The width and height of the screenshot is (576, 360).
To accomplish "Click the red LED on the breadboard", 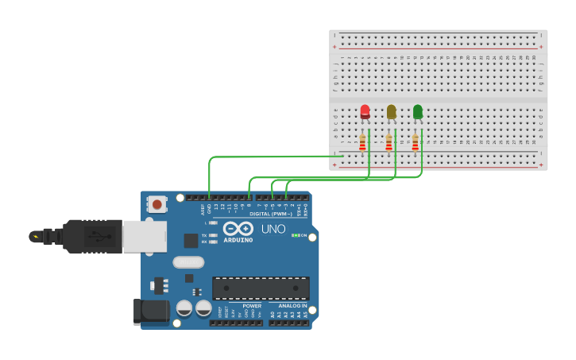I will [365, 112].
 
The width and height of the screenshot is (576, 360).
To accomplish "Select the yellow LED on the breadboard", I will [391, 112].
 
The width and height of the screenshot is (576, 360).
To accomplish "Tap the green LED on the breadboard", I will [418, 112].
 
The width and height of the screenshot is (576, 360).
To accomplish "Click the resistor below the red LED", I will [363, 143].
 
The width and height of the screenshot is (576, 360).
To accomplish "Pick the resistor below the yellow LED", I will [389, 143].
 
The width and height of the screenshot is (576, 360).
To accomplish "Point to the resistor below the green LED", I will [416, 143].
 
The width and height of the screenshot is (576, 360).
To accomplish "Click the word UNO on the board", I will [273, 230].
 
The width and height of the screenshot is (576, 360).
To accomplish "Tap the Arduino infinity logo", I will [238, 229].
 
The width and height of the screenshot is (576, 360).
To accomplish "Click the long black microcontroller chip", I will [261, 288].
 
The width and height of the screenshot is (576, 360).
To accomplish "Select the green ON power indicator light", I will [295, 235].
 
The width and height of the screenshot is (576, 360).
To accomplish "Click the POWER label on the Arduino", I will [252, 306].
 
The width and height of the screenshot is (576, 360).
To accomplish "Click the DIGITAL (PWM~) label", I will [270, 214].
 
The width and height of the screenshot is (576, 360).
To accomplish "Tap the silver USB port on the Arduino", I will [145, 236].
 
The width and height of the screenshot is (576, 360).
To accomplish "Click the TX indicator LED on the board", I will [214, 235].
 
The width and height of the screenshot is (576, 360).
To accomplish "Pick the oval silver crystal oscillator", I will [188, 262].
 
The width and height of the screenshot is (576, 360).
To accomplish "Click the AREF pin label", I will [202, 209].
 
